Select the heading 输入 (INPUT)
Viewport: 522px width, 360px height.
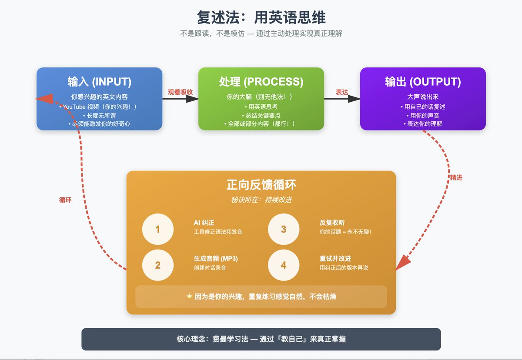pyautogui.click(x=99, y=82)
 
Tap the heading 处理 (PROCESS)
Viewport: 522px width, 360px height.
pyautogui.click(x=261, y=82)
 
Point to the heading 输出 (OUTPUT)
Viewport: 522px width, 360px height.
pyautogui.click(x=423, y=82)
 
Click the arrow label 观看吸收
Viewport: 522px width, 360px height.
pyautogui.click(x=180, y=92)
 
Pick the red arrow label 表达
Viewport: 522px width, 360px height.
pyautogui.click(x=342, y=92)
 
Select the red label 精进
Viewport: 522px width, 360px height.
pyautogui.click(x=456, y=177)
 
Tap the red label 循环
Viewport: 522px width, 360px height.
pyautogui.click(x=65, y=200)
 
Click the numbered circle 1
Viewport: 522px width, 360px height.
pyautogui.click(x=157, y=229)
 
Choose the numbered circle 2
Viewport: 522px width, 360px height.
pyautogui.click(x=157, y=265)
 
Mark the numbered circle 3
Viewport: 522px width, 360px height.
pyautogui.click(x=284, y=229)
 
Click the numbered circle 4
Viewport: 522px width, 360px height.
pyautogui.click(x=284, y=265)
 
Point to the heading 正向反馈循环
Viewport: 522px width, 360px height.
pyautogui.click(x=261, y=185)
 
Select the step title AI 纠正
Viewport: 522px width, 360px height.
pyautogui.click(x=204, y=223)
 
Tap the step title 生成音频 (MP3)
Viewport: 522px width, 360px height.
pyautogui.click(x=216, y=259)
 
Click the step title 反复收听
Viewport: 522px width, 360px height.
pyautogui.click(x=332, y=223)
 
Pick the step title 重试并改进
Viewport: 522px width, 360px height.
pyautogui.click(x=335, y=259)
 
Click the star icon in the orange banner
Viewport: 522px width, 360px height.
pyautogui.click(x=189, y=297)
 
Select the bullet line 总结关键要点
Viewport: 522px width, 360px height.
pyautogui.click(x=261, y=115)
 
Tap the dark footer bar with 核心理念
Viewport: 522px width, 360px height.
pyautogui.click(x=261, y=339)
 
